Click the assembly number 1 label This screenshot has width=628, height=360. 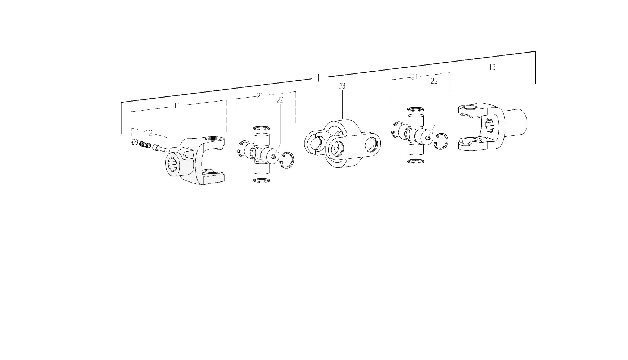[x=318, y=78]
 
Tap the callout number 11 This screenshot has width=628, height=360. [x=177, y=106]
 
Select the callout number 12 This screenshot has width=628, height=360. [x=149, y=133]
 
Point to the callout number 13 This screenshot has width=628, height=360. [x=492, y=67]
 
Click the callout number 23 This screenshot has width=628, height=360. [x=342, y=86]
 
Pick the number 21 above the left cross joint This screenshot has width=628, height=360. [x=260, y=96]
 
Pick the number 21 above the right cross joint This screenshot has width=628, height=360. [x=414, y=77]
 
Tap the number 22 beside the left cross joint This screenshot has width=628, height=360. [x=280, y=100]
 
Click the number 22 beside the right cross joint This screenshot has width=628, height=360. [x=434, y=81]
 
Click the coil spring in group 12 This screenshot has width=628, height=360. [x=145, y=145]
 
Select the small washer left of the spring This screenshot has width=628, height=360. [x=135, y=142]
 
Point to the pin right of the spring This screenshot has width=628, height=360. [x=160, y=148]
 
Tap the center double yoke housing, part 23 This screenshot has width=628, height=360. [x=342, y=144]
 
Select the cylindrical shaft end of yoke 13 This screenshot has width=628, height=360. [x=515, y=122]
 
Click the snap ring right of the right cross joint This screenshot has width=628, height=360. [x=441, y=140]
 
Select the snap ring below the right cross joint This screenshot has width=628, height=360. [x=416, y=161]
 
